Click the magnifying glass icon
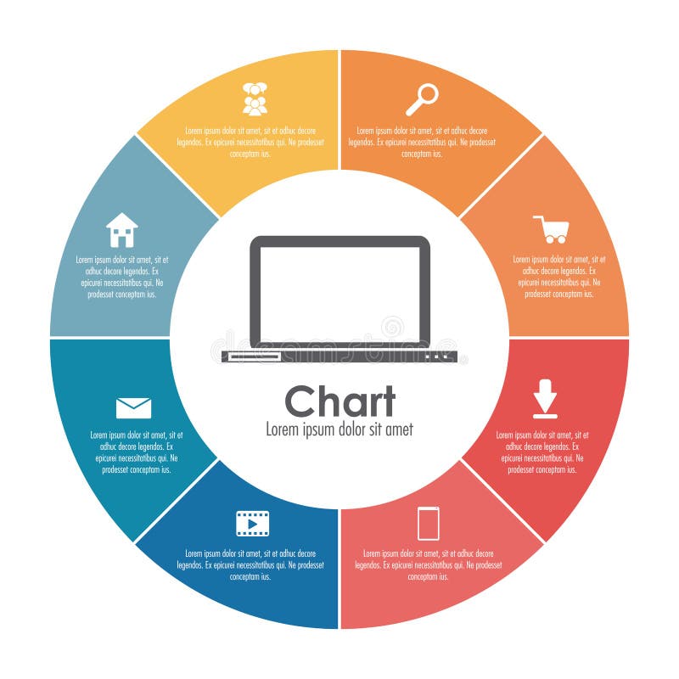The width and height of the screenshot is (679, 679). pos(422,99)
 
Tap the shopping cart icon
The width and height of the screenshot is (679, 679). pos(552,229)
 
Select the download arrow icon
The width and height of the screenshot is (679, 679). pos(545,399)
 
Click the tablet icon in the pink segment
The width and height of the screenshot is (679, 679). pos(429,523)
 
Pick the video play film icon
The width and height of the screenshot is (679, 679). pos(252,524)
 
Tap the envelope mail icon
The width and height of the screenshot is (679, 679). pos(133,408)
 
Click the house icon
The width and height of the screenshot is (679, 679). pos(121,230)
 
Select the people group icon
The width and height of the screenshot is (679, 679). pos(255,99)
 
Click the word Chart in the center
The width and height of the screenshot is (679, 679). pos(339,401)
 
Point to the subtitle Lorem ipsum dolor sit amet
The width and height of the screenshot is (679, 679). pos(339,429)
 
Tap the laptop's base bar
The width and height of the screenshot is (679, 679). pos(339,356)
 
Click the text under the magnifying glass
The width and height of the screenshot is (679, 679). pos(422,143)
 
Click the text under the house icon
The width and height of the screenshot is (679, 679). pos(121,277)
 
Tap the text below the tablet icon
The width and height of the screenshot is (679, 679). pos(429,564)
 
